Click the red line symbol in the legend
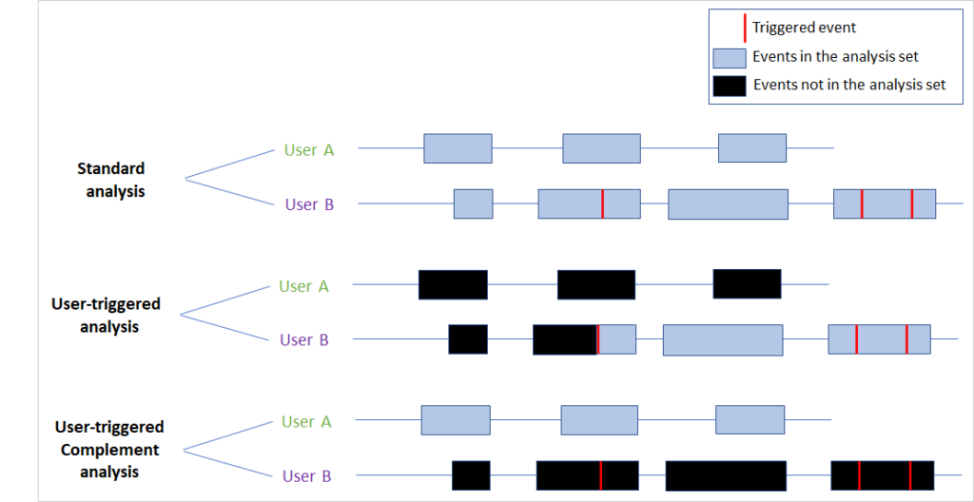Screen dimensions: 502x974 741,28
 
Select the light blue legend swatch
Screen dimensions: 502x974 728,57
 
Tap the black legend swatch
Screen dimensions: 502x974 728,85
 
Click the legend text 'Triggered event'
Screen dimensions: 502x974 804,28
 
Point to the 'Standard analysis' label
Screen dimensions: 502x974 111,180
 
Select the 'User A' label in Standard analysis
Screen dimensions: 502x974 308,149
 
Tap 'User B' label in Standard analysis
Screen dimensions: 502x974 309,204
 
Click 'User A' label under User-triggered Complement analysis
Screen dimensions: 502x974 306,421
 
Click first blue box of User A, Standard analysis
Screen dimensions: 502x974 458,148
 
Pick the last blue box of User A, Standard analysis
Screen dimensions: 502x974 751,148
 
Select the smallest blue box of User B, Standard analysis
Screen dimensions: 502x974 473,204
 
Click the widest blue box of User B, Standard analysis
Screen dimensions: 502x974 728,204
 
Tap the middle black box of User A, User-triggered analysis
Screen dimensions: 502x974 595,284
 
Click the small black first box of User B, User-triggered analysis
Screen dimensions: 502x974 468,339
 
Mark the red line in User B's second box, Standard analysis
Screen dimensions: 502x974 602,204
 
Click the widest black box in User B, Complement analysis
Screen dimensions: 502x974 726,475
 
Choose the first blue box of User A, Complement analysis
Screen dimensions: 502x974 456,420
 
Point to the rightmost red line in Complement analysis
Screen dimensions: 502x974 910,475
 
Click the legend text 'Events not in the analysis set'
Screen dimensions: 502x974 849,85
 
